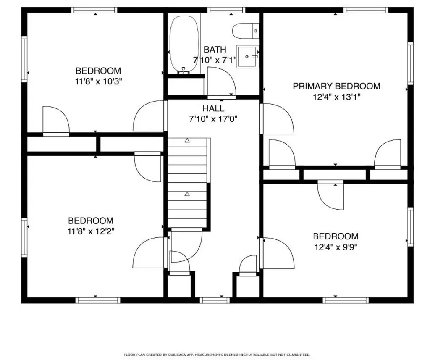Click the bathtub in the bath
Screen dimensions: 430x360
(184, 44)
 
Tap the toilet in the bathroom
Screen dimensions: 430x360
(245, 31)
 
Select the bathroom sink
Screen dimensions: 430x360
(247, 57)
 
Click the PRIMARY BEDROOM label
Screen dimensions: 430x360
(336, 86)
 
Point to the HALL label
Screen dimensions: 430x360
(213, 108)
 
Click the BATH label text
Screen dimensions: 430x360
(215, 50)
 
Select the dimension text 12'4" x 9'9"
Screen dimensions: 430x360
(336, 247)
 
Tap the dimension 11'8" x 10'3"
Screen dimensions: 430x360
(98, 81)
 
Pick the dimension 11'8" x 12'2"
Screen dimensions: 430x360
(91, 231)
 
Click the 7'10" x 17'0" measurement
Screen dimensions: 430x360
(213, 119)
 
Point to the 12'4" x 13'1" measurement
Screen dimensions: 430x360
(336, 97)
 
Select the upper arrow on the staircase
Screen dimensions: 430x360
(187, 140)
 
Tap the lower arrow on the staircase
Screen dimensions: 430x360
(187, 194)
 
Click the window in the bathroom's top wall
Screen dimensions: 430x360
(226, 10)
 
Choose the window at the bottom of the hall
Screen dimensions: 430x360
(215, 300)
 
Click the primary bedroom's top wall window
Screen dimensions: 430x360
(366, 10)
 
